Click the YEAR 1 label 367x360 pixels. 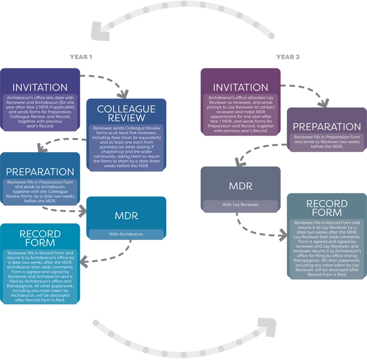pyautogui.click(x=81, y=57)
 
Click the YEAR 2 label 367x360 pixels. pyautogui.click(x=288, y=57)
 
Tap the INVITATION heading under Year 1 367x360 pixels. pyautogui.click(x=40, y=87)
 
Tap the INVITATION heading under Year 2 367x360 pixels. pyautogui.click(x=240, y=87)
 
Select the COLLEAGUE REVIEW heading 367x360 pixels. pyautogui.click(x=126, y=114)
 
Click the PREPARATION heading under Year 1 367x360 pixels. pyautogui.click(x=40, y=172)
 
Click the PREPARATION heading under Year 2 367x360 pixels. pyautogui.click(x=327, y=126)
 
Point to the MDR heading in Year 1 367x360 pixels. pyautogui.click(x=126, y=216)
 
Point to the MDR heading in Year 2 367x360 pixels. pyautogui.click(x=241, y=186)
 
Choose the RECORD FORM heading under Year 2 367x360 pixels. pyautogui.click(x=327, y=208)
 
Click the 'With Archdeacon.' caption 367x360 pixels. pyautogui.click(x=126, y=234)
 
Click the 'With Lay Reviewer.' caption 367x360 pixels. pyautogui.click(x=240, y=204)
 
